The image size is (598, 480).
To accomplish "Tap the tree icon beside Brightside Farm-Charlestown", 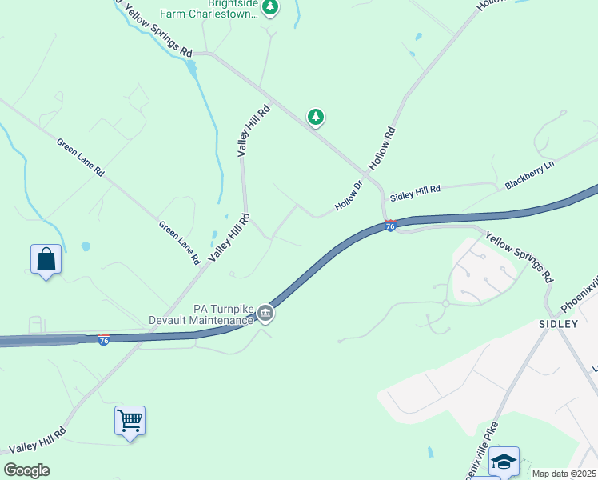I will [270, 7].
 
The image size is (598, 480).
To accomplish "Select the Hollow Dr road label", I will [349, 196].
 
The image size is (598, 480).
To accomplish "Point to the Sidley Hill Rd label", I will [415, 192].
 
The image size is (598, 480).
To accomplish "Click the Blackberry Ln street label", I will [529, 174].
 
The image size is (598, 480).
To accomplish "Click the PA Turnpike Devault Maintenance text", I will [201, 314].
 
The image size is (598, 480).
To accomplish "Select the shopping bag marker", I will [46, 260].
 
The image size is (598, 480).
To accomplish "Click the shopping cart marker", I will [130, 420].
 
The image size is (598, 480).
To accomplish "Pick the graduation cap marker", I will [504, 461].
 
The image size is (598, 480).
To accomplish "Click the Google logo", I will [26, 470].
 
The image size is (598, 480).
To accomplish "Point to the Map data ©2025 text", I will [564, 474].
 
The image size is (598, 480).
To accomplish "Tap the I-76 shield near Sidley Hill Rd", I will [390, 226].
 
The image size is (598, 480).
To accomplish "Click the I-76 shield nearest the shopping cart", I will [104, 340].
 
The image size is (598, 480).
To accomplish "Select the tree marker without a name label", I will [317, 118].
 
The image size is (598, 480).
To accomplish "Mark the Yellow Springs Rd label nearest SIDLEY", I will [519, 258].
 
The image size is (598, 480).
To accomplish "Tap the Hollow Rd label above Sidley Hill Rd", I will [382, 147].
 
